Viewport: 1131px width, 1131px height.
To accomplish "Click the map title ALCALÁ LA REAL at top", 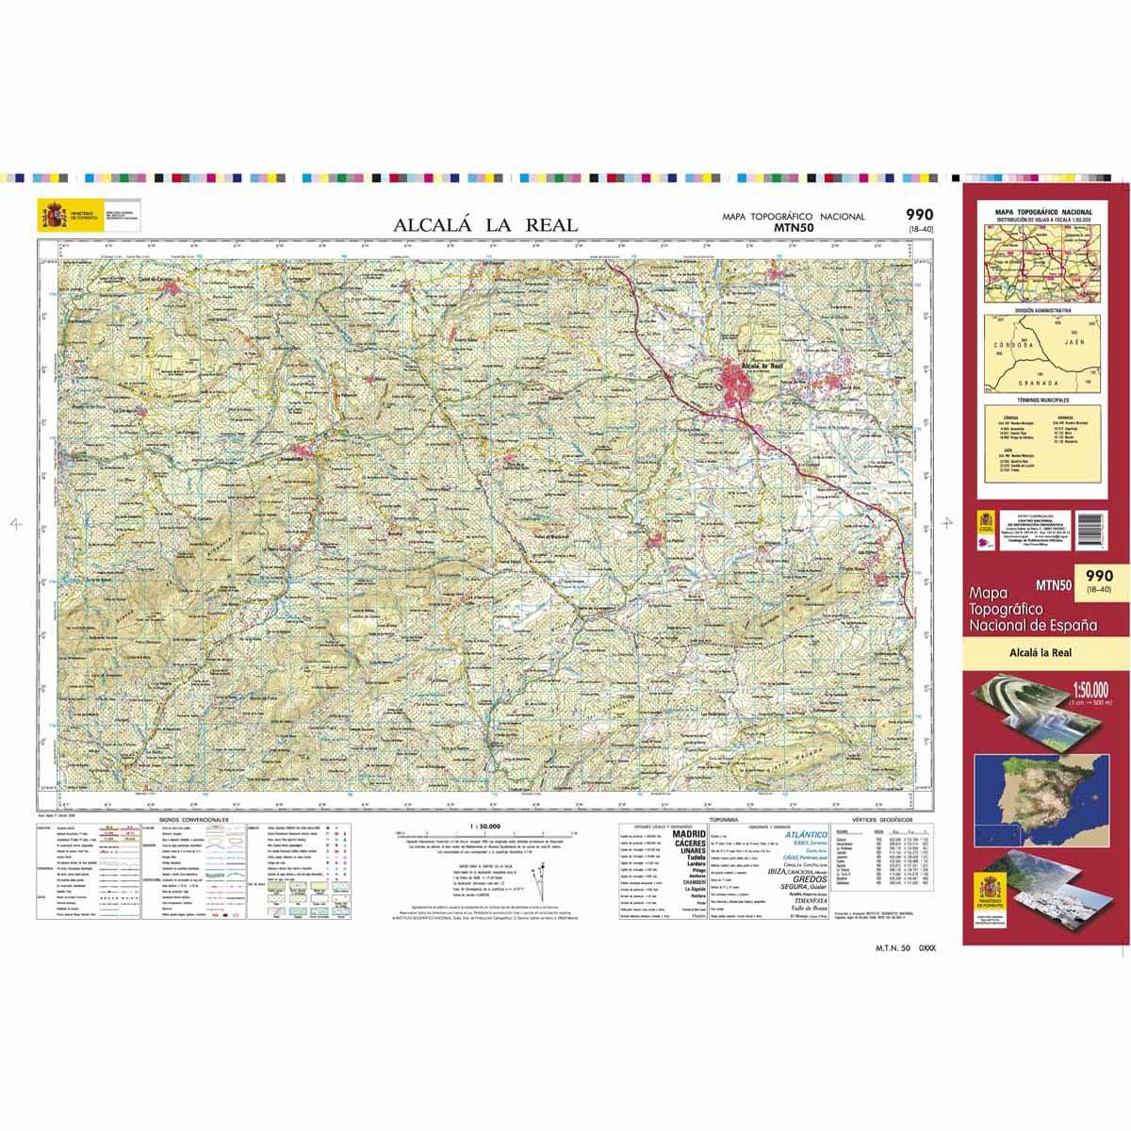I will click(485, 224).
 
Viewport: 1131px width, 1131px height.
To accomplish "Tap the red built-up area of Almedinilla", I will click(303, 453).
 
